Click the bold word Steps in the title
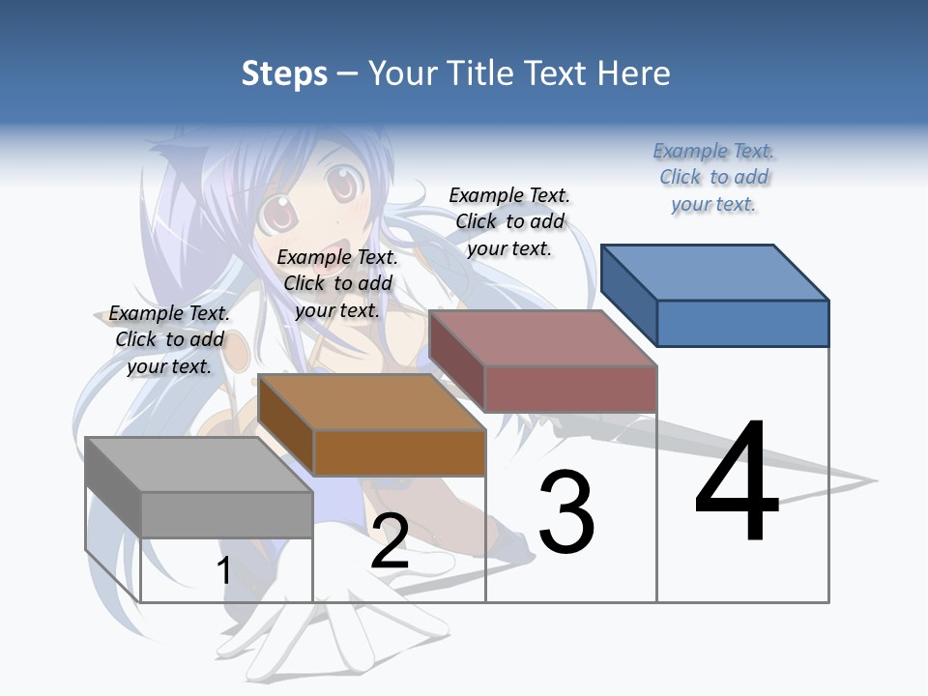click(284, 73)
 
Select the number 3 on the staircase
click(565, 512)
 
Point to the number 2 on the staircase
click(390, 540)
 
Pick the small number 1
click(223, 570)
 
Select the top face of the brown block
click(371, 402)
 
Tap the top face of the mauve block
click(542, 338)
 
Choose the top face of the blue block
click(714, 272)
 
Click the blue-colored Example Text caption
click(714, 178)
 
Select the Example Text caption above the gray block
click(169, 339)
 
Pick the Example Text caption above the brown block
click(337, 283)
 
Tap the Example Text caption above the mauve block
click(509, 221)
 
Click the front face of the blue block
click(742, 323)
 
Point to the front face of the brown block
click(399, 452)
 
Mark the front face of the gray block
click(226, 514)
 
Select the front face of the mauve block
click(570, 390)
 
